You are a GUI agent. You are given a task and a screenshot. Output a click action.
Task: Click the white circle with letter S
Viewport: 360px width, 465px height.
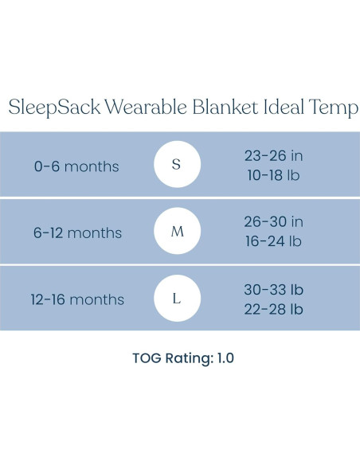(177, 166)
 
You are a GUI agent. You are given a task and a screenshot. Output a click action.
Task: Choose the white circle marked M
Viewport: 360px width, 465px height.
(177, 232)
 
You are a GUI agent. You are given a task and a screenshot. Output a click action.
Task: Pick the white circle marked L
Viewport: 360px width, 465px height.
(177, 299)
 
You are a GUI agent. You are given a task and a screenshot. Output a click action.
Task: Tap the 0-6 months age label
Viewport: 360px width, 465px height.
(76, 166)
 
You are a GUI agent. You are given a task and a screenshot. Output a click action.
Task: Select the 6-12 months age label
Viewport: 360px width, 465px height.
(78, 233)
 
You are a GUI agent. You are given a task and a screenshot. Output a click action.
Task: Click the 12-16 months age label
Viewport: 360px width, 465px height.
(78, 300)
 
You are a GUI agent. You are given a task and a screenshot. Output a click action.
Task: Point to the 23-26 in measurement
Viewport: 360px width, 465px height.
(273, 156)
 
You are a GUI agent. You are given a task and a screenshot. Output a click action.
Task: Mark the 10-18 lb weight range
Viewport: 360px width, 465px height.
(273, 175)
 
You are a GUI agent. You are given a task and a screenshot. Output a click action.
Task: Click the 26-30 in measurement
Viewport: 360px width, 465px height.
(273, 222)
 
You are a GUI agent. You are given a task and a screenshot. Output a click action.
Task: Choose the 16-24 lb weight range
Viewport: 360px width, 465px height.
(273, 241)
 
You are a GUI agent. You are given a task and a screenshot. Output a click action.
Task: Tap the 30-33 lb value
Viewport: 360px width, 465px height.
(273, 289)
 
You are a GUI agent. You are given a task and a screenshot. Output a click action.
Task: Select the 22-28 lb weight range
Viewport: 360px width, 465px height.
(273, 308)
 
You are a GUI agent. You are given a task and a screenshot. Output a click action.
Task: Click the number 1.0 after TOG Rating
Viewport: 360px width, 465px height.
(224, 358)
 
